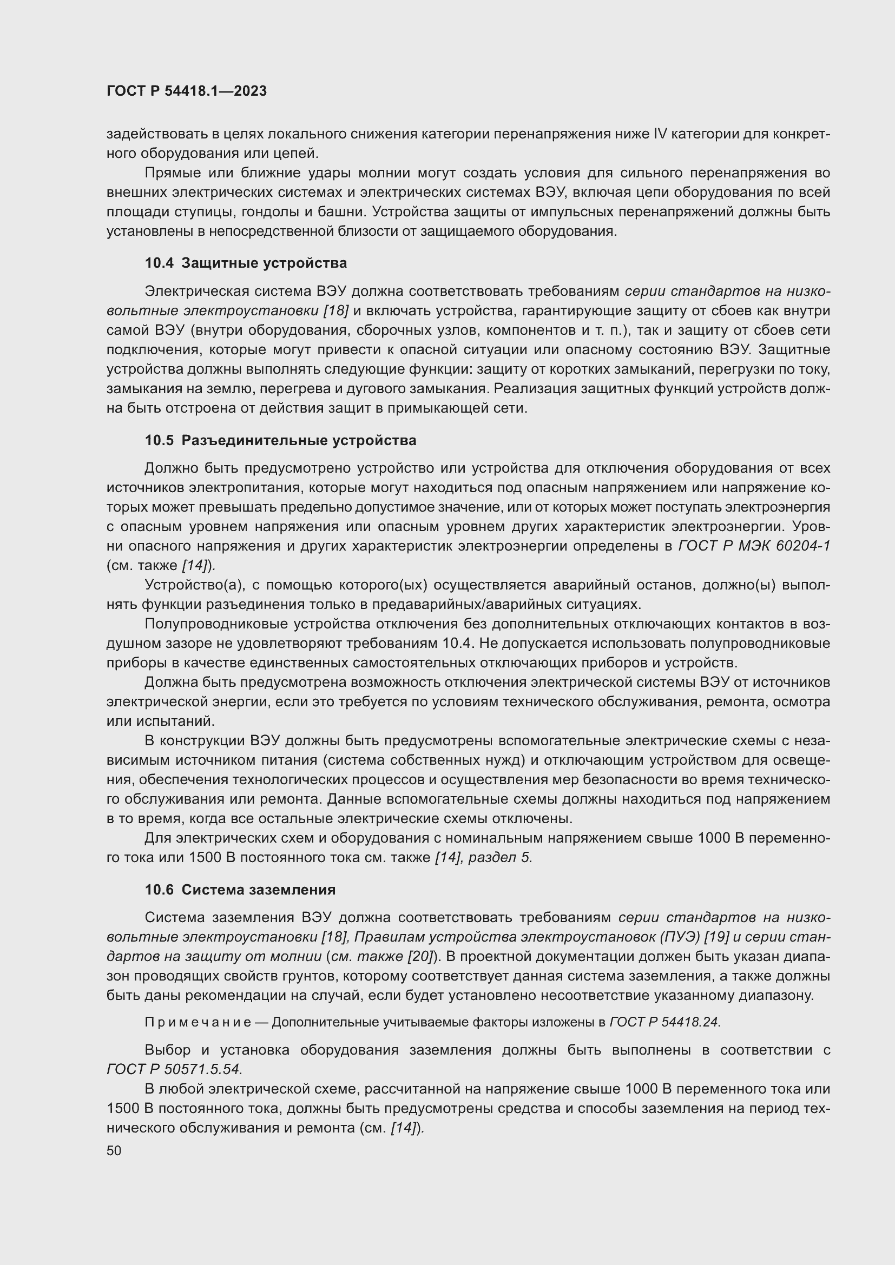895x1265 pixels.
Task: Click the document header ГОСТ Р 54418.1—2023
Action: tap(186, 91)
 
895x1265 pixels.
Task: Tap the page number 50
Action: tap(114, 1150)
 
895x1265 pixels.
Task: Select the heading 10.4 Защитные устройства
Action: tap(246, 263)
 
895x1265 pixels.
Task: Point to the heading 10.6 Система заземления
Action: tap(240, 890)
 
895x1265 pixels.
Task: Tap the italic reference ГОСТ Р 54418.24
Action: tap(664, 1022)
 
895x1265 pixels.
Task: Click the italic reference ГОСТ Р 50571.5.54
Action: tap(174, 1069)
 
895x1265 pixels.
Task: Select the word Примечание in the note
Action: tap(198, 1022)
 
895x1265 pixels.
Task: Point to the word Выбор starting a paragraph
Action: tap(168, 1050)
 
